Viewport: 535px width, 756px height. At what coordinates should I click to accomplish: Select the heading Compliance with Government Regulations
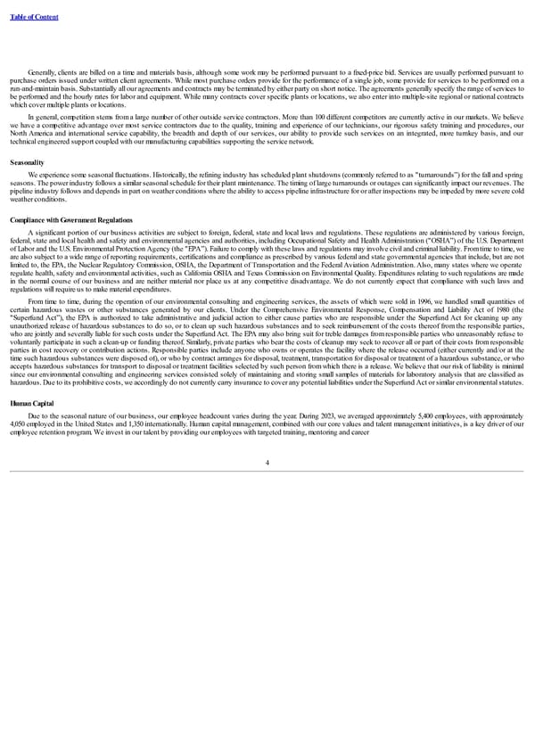coord(70,219)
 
